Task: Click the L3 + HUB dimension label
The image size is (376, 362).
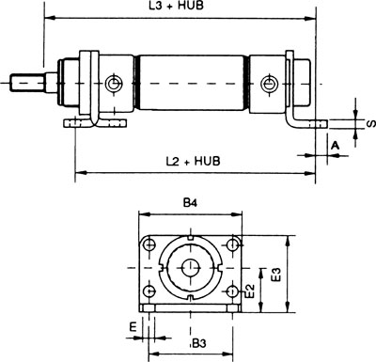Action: (x=176, y=6)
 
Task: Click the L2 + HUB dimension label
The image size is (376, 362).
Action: (x=193, y=161)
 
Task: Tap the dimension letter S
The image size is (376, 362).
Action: (x=371, y=124)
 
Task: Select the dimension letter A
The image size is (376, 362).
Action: (x=336, y=146)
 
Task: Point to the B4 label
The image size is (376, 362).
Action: (x=190, y=203)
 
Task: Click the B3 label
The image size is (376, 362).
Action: (x=199, y=343)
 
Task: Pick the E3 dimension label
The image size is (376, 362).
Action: (x=276, y=274)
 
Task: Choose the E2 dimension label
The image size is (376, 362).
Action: (x=250, y=291)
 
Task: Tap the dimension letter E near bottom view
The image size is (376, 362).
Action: (x=133, y=327)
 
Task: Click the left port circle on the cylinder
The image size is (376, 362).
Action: (x=114, y=84)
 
